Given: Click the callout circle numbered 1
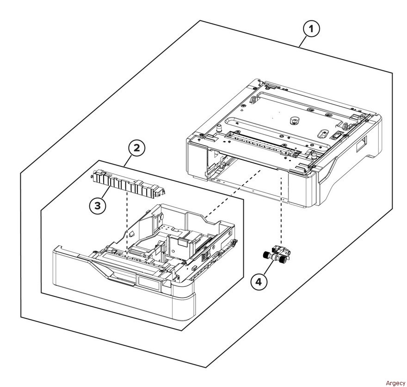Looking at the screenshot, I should click(311, 29).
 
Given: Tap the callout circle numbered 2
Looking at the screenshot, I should click(136, 148).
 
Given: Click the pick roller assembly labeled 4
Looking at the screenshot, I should click(276, 254).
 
